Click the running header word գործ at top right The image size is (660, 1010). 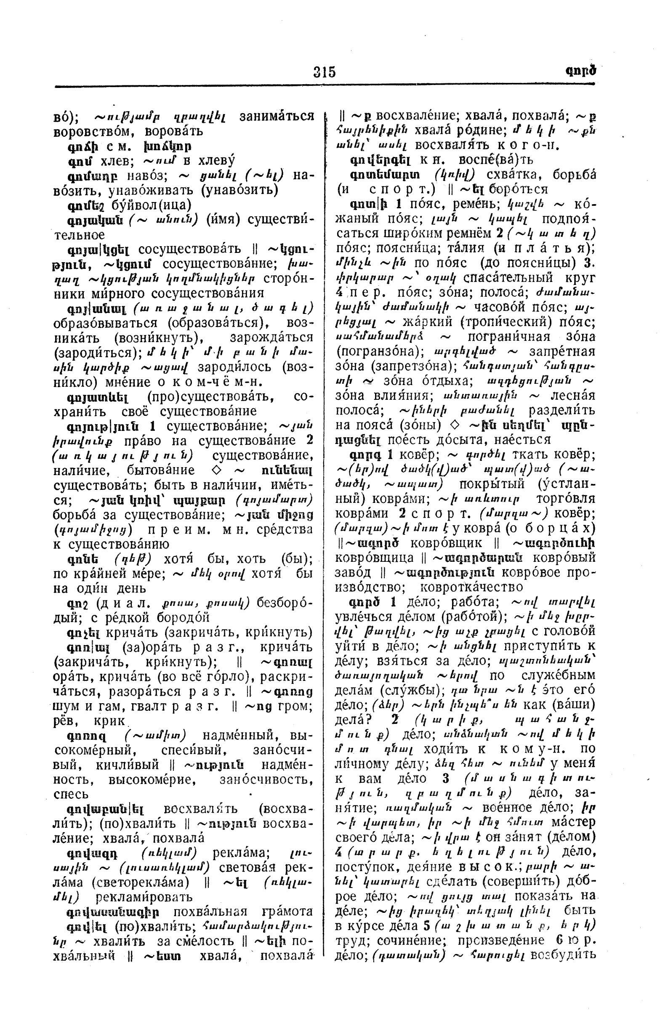point(580,70)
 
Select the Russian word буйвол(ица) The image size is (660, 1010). point(150,205)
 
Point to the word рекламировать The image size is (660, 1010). point(144,897)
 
